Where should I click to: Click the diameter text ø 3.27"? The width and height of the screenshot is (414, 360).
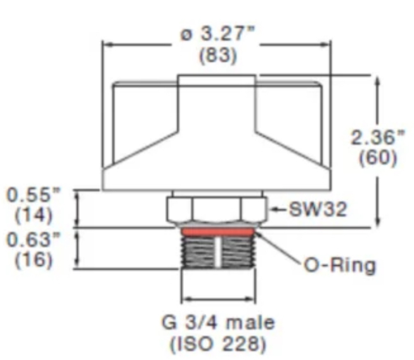click(x=218, y=34)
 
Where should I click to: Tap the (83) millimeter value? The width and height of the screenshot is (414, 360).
click(x=218, y=56)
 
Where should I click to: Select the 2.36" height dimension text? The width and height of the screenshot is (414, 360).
click(x=378, y=138)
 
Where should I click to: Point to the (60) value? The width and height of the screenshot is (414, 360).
click(x=378, y=158)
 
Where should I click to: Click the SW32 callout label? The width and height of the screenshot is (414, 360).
click(x=318, y=210)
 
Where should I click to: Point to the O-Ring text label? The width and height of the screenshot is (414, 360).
click(x=340, y=266)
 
